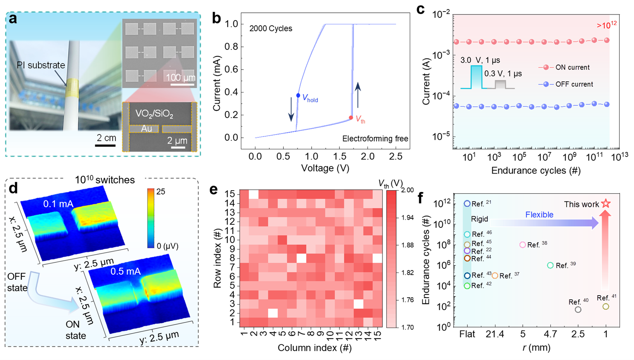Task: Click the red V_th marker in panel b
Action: pyautogui.click(x=351, y=118)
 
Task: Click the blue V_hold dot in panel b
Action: pyautogui.click(x=298, y=96)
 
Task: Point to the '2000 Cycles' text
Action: pyautogui.click(x=271, y=29)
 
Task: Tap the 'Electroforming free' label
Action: pyautogui.click(x=375, y=139)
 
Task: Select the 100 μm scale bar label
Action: pyautogui.click(x=180, y=78)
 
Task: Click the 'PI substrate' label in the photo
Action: pyautogui.click(x=41, y=65)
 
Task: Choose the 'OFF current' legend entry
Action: pyautogui.click(x=574, y=84)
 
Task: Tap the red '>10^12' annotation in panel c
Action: pyautogui.click(x=606, y=25)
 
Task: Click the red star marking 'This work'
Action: pyautogui.click(x=605, y=203)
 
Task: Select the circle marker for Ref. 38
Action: pyautogui.click(x=523, y=245)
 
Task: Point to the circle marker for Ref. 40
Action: pyautogui.click(x=578, y=310)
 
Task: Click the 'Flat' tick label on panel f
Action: pyautogui.click(x=467, y=334)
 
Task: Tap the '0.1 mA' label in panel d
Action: pyautogui.click(x=58, y=204)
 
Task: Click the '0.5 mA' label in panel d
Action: pyautogui.click(x=125, y=271)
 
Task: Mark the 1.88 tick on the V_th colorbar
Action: pyautogui.click(x=408, y=245)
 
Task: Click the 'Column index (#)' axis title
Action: pyautogui.click(x=314, y=348)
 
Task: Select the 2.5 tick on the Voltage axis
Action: pyautogui.click(x=396, y=157)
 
